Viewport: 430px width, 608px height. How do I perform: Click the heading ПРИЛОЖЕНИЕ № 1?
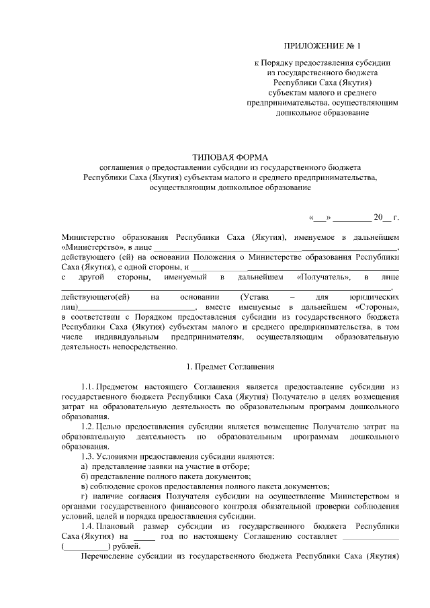click(322, 46)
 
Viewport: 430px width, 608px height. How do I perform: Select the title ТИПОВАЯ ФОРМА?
click(230, 156)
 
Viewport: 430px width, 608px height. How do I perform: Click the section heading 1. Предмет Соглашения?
click(230, 367)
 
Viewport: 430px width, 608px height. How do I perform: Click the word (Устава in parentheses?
click(254, 296)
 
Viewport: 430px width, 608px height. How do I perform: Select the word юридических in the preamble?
click(374, 296)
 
